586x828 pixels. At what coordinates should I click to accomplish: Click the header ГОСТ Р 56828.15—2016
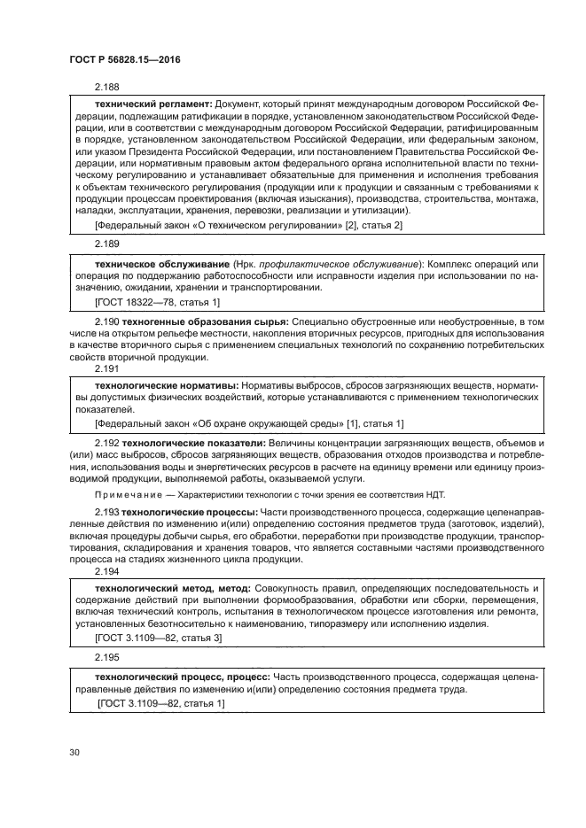coord(119,60)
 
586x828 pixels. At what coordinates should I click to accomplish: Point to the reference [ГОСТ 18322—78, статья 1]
coord(144,302)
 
